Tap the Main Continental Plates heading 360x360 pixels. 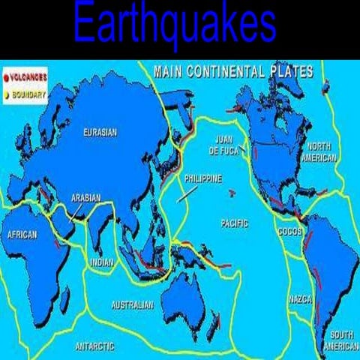click(x=232, y=72)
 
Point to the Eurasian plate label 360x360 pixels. click(x=100, y=133)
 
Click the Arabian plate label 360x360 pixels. click(x=86, y=198)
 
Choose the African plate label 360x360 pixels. click(x=22, y=234)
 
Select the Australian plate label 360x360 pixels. click(x=132, y=305)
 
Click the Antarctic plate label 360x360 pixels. click(x=94, y=346)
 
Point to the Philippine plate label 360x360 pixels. click(x=202, y=179)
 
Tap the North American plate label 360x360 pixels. click(x=318, y=151)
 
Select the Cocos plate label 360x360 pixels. click(x=289, y=231)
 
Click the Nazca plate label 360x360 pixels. click(x=299, y=299)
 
